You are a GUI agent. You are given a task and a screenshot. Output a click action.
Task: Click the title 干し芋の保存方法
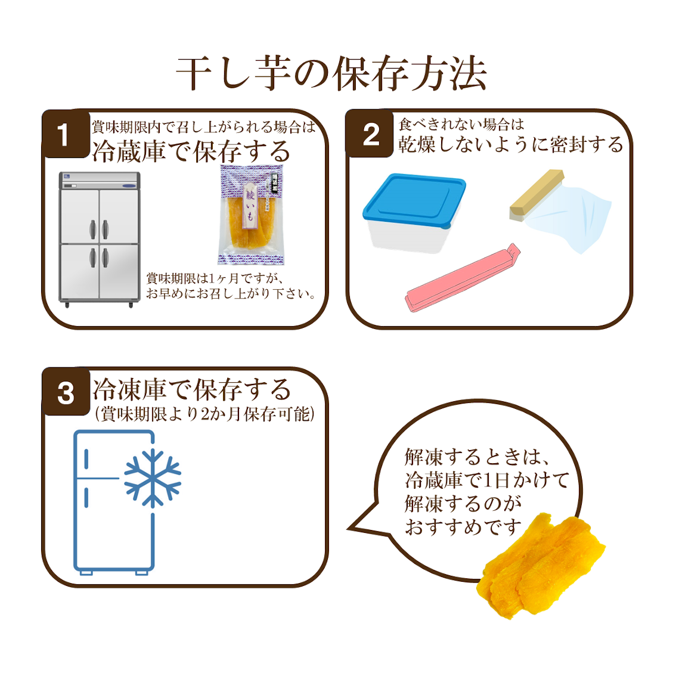pos(331,75)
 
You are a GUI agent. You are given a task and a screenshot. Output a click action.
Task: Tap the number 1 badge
pos(64,135)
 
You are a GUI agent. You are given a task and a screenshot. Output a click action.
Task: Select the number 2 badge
pos(371,135)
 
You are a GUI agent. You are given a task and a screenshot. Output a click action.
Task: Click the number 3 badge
pos(66,393)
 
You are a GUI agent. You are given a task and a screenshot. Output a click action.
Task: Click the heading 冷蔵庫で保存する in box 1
pos(191,151)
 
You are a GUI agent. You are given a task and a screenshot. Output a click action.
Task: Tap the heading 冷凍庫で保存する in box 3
pos(191,390)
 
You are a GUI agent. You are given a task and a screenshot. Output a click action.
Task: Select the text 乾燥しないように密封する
pos(510,145)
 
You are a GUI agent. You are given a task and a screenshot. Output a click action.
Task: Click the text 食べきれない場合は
pos(461,125)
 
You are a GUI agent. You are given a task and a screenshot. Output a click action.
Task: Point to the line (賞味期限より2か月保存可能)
pos(204,414)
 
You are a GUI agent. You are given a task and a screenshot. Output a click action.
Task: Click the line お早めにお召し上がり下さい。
pos(231,294)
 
